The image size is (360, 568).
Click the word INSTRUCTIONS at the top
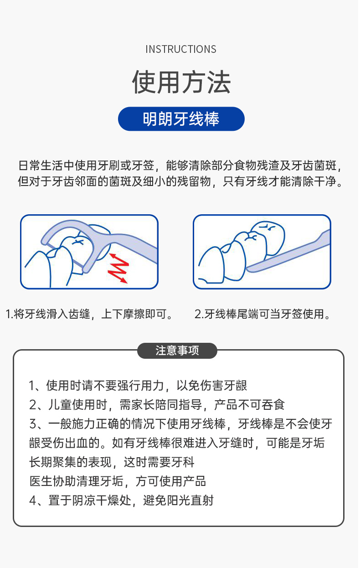click(181, 49)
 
